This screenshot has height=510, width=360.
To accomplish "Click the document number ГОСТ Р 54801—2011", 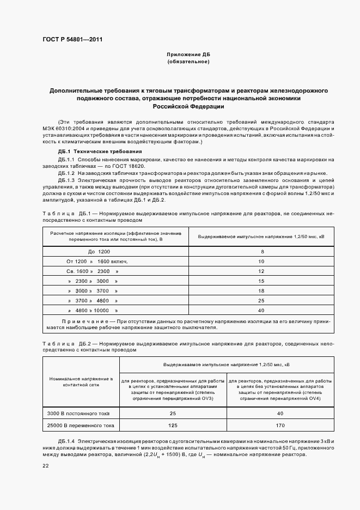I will tap(72, 40).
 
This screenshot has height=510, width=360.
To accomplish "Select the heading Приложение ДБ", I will tap(188, 55).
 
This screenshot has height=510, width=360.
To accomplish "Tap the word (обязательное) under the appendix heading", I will tap(188, 62).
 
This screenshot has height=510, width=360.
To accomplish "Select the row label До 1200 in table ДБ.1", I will tap(99, 252).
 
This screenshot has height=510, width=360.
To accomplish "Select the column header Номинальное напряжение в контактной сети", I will tap(81, 381).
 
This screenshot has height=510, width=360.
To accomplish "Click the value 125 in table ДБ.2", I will tap(173, 426).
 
